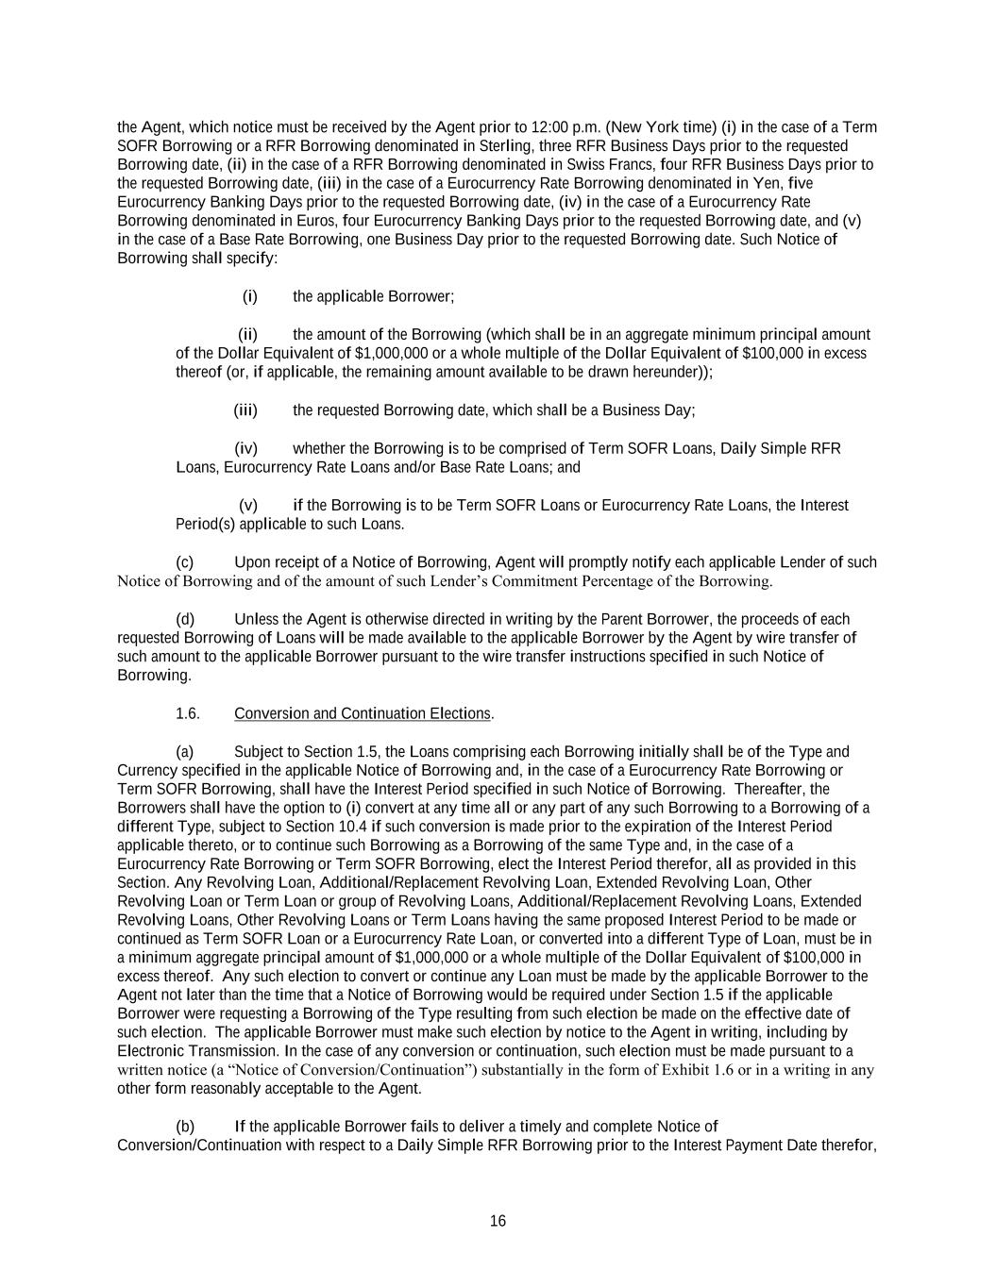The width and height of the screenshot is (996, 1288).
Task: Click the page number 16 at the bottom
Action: click(x=498, y=1221)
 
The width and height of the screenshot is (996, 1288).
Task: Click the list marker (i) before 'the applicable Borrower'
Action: click(x=250, y=296)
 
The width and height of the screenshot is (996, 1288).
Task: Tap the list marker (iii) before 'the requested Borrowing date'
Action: click(x=245, y=410)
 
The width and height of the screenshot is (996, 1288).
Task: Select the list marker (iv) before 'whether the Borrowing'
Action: click(x=245, y=448)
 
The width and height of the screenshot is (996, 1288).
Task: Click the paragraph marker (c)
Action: click(x=185, y=562)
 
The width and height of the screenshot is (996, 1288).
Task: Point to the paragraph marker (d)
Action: click(x=185, y=619)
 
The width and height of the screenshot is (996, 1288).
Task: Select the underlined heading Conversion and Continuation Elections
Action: click(x=363, y=713)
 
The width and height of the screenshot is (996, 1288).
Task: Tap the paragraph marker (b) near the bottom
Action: click(x=185, y=1127)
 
